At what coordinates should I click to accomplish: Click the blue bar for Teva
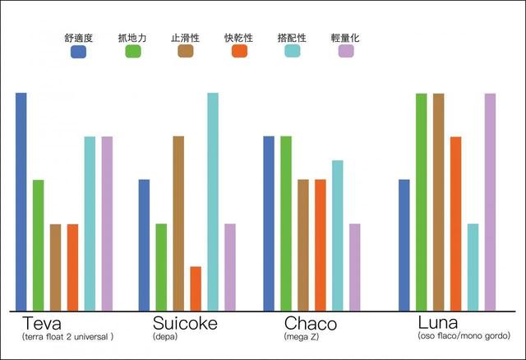pos(21,201)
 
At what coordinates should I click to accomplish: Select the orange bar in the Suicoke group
pos(196,288)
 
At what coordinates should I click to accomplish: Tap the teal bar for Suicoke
pos(213,201)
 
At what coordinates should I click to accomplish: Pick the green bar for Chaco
pos(285,223)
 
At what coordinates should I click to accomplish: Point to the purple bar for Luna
pos(490,201)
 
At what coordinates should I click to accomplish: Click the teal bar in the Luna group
pos(473,266)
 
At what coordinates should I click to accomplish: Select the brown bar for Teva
pos(56,267)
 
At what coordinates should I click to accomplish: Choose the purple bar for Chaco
pos(354,266)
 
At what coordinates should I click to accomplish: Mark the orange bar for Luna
pos(455,224)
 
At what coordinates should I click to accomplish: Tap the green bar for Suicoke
pos(161,266)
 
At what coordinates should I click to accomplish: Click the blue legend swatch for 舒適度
pos(79,52)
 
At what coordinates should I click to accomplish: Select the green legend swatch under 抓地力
pos(133,52)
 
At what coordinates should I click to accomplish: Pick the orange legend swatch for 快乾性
pos(239,52)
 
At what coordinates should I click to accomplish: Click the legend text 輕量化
pos(347,37)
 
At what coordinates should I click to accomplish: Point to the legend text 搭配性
pos(293,37)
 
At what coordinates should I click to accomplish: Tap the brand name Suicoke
pos(185,323)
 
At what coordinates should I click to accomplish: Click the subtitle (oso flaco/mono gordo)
pos(464,336)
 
